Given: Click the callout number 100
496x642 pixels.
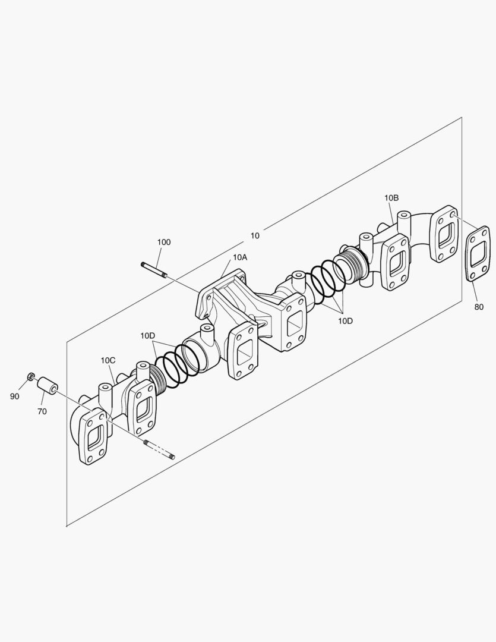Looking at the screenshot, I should (x=163, y=242).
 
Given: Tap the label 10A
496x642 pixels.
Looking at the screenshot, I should (x=240, y=257).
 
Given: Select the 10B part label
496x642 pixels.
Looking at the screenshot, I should (x=391, y=197).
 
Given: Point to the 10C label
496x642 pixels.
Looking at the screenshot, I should (x=108, y=360).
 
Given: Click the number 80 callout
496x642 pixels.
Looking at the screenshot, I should (x=479, y=307).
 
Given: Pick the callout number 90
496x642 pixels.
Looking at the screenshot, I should (x=14, y=396).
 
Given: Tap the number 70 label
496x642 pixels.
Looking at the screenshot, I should (x=42, y=411).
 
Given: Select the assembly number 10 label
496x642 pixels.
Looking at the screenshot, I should (x=255, y=235).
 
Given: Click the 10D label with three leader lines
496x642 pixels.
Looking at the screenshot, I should (x=345, y=320).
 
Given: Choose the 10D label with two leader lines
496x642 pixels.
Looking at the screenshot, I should (x=147, y=336).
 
